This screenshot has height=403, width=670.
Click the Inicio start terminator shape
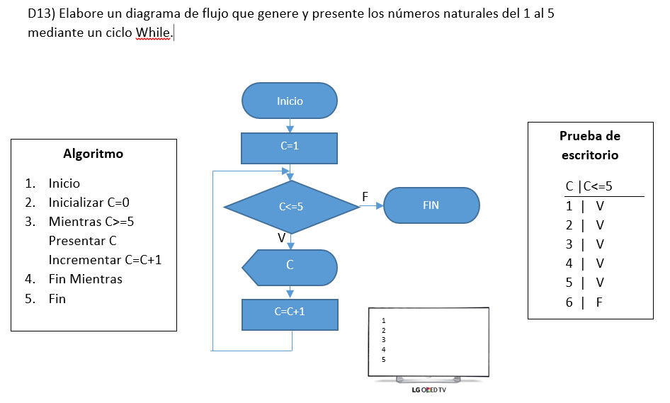(290, 101)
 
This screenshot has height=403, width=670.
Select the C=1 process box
(290, 147)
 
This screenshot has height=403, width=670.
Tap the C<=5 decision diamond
(290, 207)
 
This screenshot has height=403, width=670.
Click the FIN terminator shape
(431, 205)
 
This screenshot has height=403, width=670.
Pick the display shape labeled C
(290, 266)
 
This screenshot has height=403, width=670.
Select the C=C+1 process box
(290, 312)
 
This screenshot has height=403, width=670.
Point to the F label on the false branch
(365, 195)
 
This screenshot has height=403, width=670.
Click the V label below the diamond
(281, 239)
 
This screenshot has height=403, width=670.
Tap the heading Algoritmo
(93, 154)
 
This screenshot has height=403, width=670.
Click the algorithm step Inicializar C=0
(89, 203)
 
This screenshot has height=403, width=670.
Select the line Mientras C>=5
(91, 222)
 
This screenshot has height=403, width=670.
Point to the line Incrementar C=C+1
(105, 260)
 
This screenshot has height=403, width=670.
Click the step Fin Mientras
(85, 279)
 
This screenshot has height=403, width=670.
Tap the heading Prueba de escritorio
(589, 145)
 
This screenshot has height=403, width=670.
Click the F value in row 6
(599, 302)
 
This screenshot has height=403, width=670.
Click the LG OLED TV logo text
(428, 390)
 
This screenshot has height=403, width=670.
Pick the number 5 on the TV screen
(383, 359)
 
